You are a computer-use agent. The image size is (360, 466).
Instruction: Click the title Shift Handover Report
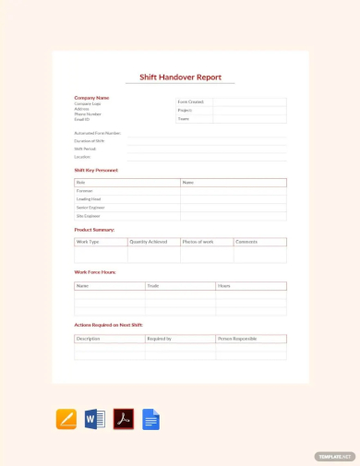180,78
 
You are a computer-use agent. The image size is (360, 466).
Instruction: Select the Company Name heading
91,97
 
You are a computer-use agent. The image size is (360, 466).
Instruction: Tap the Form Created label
191,102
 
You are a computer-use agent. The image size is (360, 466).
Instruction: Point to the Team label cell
184,118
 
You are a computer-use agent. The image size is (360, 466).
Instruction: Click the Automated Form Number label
97,133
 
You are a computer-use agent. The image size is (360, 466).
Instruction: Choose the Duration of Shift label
90,141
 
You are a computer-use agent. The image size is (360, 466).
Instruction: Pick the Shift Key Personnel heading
96,170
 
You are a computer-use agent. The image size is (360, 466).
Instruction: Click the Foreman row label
84,191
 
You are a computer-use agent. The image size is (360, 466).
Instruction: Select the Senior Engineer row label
90,208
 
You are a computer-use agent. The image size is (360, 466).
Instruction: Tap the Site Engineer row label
88,216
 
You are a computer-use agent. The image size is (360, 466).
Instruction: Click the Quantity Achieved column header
148,242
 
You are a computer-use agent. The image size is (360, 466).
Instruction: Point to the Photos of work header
198,242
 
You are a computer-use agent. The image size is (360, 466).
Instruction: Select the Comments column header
246,242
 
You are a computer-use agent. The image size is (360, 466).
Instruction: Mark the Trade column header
153,286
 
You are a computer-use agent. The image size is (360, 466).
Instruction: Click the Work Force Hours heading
94,272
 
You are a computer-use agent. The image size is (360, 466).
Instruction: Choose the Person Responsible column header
238,339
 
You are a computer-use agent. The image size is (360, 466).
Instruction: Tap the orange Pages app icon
66,419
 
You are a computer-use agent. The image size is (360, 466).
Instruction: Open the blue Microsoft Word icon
95,419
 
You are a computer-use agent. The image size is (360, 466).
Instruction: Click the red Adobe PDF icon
124,419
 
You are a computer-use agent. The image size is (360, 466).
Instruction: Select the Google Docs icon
150,419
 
